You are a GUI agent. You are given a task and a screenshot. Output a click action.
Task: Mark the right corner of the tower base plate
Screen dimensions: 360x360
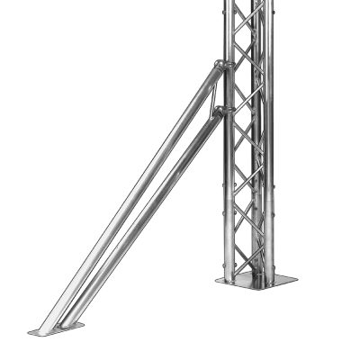click(x=297, y=280)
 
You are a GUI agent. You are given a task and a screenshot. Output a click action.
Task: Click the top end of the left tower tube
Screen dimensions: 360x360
click(x=228, y=3)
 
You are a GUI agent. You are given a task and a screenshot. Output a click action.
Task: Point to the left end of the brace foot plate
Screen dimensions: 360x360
click(x=31, y=333)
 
